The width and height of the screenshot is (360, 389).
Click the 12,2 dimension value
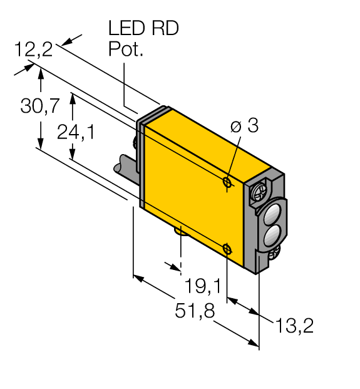click(x=34, y=50)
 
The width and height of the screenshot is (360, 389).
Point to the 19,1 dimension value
click(x=202, y=286)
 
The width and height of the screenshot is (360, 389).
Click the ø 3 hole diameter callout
click(x=244, y=125)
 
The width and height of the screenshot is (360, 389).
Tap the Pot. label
click(x=126, y=49)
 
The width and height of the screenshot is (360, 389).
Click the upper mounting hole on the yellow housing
click(x=228, y=182)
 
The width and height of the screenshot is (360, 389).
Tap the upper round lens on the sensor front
click(x=274, y=214)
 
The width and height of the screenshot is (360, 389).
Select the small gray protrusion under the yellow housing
click(x=180, y=234)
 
